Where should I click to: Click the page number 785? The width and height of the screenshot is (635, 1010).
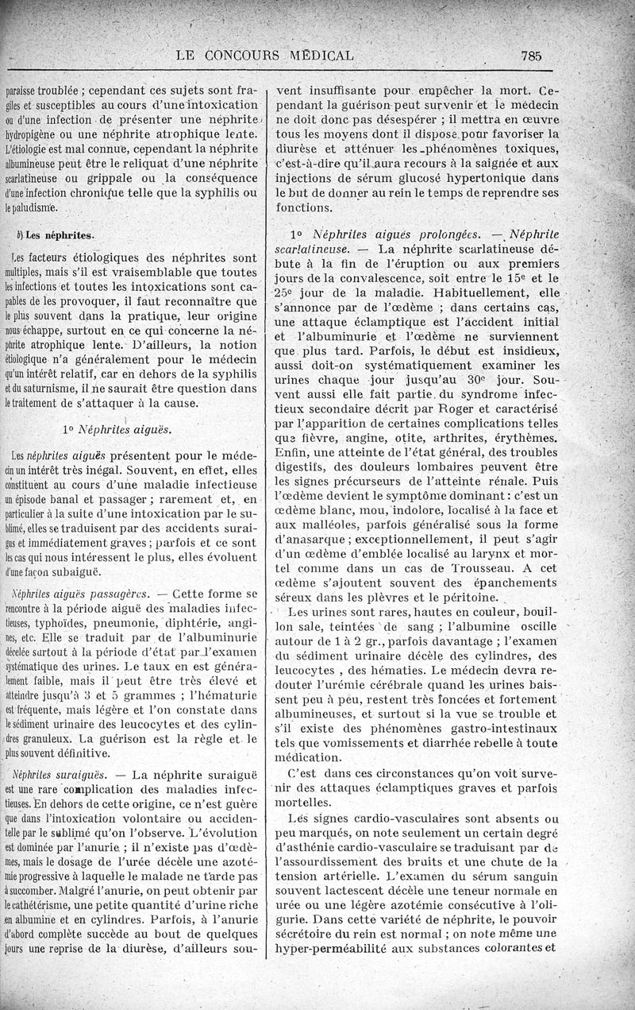531,56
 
